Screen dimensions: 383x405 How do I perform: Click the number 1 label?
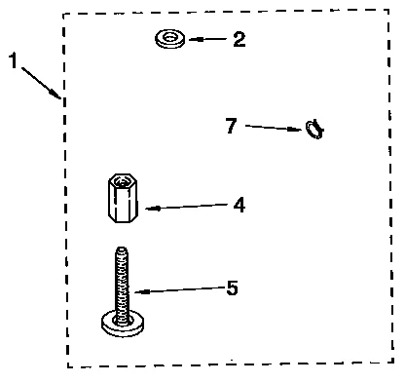pyautogui.click(x=15, y=61)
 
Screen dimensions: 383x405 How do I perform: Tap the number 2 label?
pyautogui.click(x=239, y=40)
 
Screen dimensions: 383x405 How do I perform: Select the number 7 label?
pyautogui.click(x=230, y=125)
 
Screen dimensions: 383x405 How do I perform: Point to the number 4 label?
pyautogui.click(x=238, y=206)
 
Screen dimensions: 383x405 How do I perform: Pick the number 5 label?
pyautogui.click(x=231, y=288)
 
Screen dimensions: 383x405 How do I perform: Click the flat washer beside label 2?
pyautogui.click(x=170, y=40)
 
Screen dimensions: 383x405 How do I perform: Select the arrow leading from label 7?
pyautogui.click(x=275, y=127)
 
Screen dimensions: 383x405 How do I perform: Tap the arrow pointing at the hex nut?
pyautogui.click(x=185, y=207)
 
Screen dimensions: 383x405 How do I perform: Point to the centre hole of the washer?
pyautogui.click(x=170, y=38)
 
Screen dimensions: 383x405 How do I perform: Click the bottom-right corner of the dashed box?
pyautogui.click(x=392, y=364)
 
